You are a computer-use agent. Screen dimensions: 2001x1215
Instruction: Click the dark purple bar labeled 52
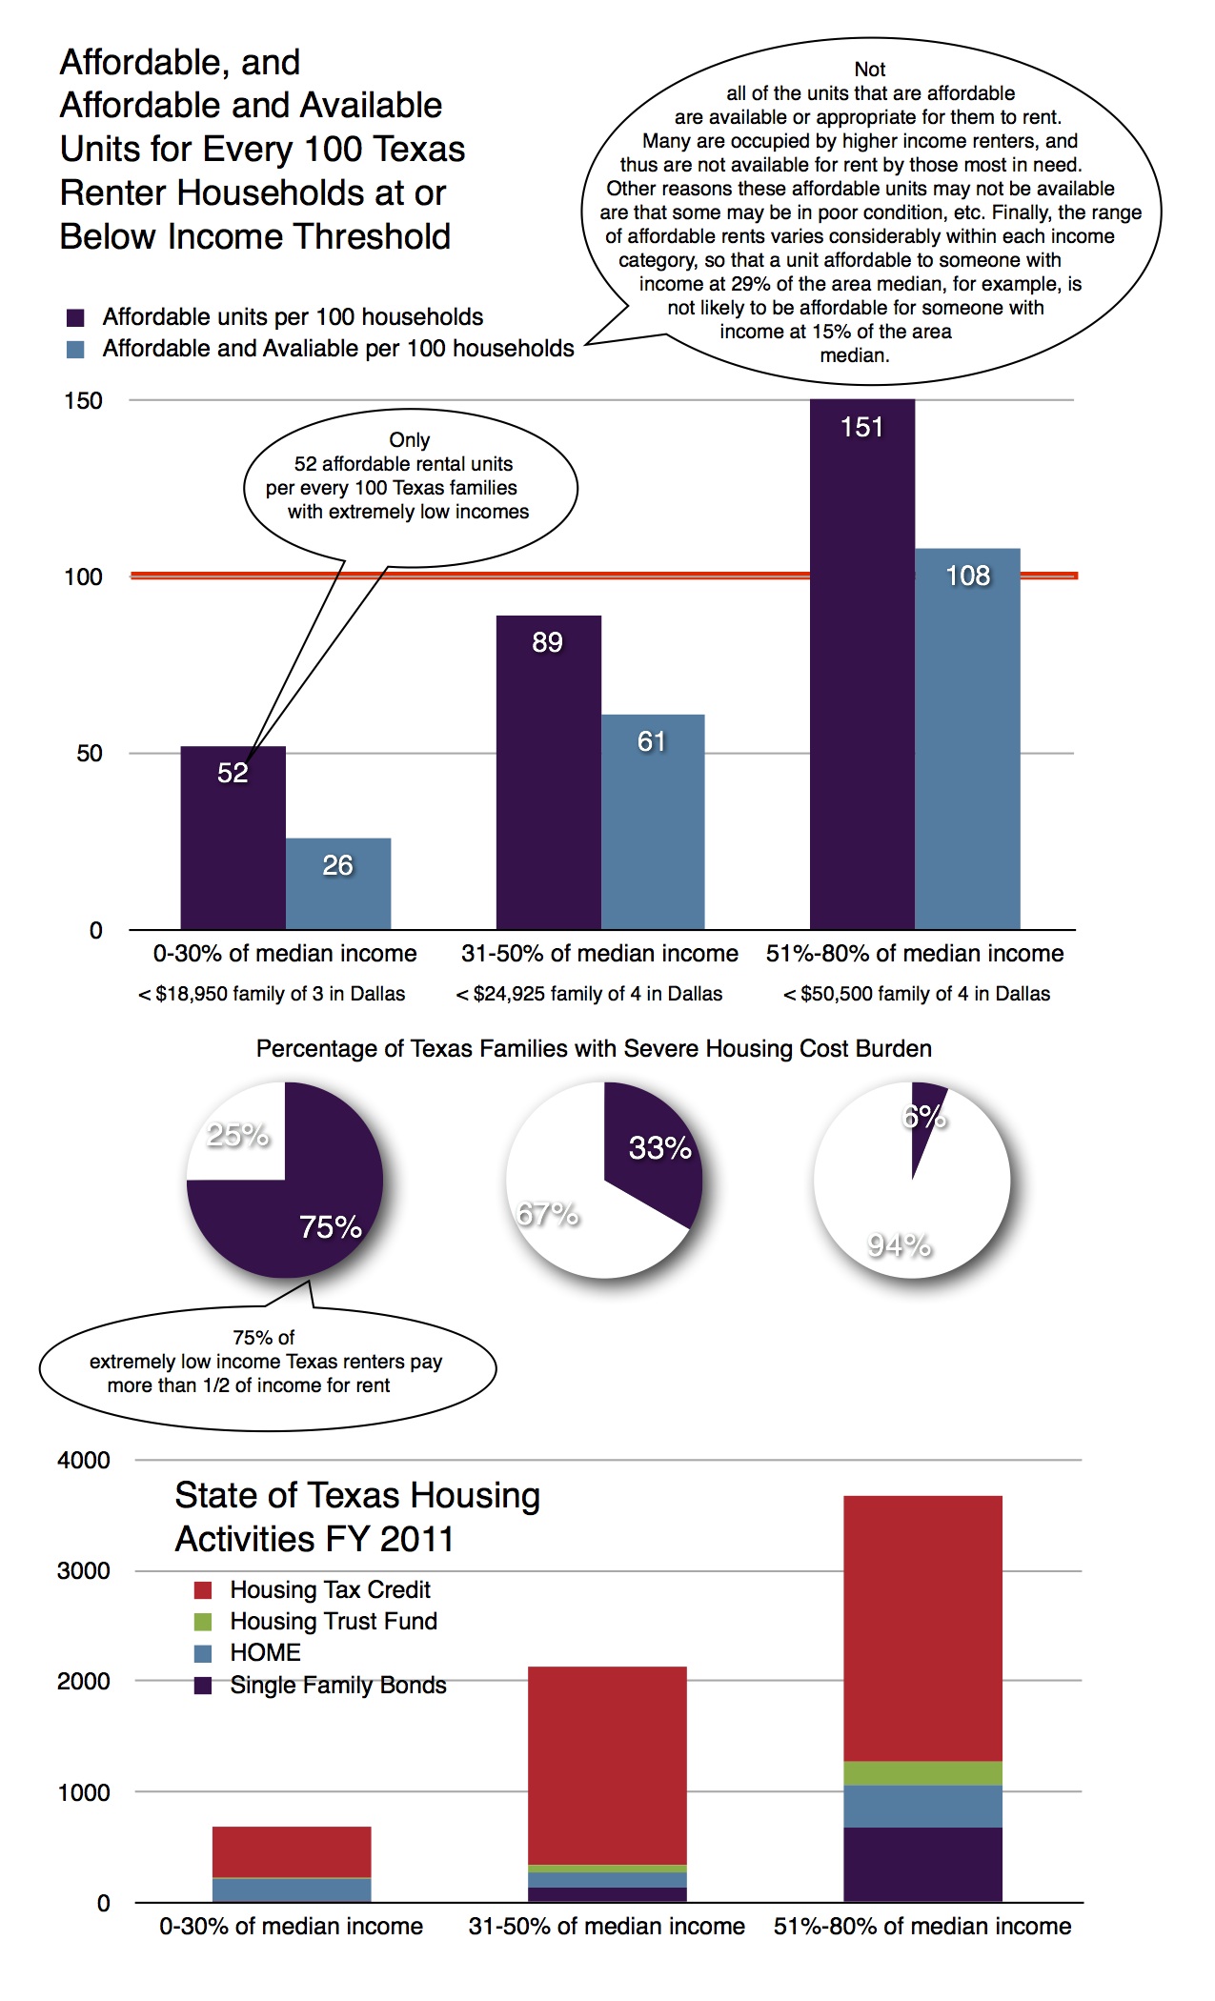(233, 839)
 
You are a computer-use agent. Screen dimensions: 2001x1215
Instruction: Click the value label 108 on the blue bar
(967, 576)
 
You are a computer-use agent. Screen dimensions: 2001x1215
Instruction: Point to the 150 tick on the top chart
(83, 400)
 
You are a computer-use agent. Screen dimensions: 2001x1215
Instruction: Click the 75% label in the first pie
(330, 1226)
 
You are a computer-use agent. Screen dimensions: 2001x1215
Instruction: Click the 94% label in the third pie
(899, 1244)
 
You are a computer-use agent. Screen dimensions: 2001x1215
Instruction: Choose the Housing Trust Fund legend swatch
(203, 1621)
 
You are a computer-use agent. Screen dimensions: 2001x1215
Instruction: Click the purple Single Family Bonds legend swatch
(203, 1685)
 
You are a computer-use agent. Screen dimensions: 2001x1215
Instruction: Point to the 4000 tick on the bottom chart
(84, 1460)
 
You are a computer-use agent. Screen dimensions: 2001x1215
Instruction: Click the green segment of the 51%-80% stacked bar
(921, 1772)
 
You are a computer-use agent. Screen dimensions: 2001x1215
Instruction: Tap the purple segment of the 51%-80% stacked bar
(921, 1864)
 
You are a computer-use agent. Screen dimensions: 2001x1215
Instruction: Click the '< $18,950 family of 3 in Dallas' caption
(272, 994)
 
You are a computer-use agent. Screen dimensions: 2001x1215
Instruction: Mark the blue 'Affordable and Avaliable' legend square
(75, 349)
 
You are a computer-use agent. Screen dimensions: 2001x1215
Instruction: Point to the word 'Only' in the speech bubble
(410, 439)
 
